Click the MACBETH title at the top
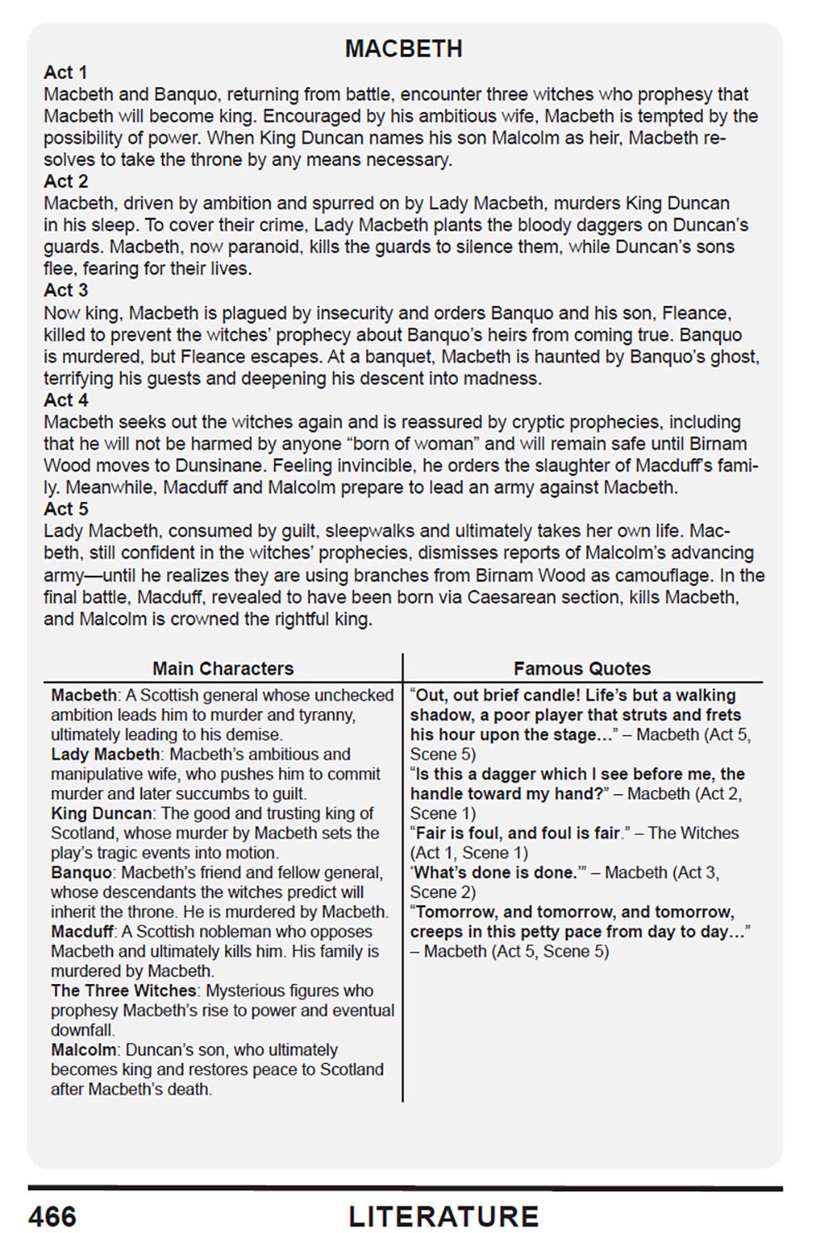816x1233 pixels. [x=403, y=49]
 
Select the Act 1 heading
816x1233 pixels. [x=66, y=73]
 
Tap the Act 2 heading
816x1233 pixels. [x=66, y=182]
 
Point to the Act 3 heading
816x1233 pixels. [x=66, y=290]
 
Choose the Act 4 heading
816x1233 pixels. [x=66, y=400]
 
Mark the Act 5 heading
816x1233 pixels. [x=66, y=509]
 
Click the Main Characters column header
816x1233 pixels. [x=222, y=669]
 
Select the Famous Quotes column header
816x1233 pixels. [x=582, y=669]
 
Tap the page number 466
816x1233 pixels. [x=52, y=1216]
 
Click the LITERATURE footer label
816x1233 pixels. [x=443, y=1216]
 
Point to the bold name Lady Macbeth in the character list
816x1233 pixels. [x=105, y=754]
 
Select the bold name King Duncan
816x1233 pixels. [x=101, y=813]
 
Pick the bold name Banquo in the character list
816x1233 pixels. [x=81, y=873]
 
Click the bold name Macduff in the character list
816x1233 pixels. [x=82, y=932]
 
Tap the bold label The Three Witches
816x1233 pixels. [x=124, y=991]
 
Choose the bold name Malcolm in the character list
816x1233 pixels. [x=83, y=1050]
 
